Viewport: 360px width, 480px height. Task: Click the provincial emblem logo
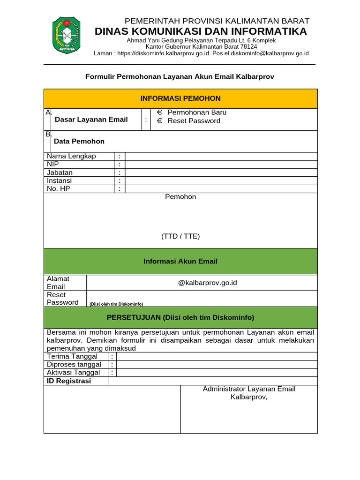(66, 35)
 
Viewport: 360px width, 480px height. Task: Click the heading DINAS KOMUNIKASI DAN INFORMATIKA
(201, 31)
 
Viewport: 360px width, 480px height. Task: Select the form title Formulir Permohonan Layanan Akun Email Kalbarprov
(180, 76)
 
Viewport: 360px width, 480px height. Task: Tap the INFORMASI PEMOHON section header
(180, 98)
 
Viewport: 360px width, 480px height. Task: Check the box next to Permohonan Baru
(159, 112)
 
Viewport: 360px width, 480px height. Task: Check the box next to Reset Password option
(159, 121)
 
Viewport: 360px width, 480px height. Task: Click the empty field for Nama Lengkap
(221, 156)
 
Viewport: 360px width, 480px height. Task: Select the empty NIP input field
(221, 165)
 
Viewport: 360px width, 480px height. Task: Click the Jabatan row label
(60, 172)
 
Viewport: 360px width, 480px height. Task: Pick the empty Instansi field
(221, 181)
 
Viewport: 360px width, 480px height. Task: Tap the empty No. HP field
(221, 189)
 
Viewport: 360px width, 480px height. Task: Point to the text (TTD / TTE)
(180, 237)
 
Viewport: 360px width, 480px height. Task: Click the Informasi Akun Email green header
(180, 262)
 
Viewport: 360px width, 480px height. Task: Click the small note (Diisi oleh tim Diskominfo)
(116, 304)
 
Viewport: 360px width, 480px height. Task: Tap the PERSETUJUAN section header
(180, 317)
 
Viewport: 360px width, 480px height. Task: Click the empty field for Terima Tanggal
(217, 357)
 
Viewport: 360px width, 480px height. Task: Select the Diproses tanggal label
(74, 365)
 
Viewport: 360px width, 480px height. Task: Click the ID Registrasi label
(69, 381)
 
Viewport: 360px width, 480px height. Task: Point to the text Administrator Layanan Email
(249, 389)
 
